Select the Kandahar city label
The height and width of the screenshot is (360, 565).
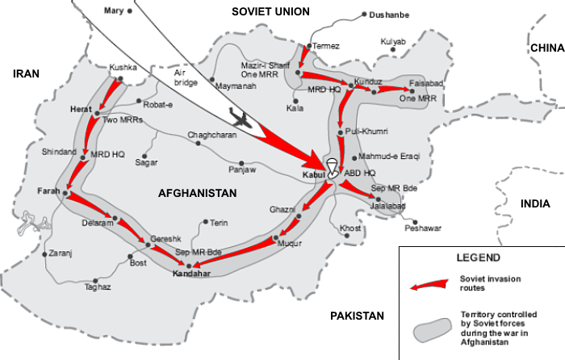[x=191, y=274]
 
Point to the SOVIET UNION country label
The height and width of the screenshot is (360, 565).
[x=270, y=10]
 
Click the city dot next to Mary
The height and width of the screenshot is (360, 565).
[x=130, y=11]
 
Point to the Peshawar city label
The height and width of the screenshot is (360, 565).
[x=424, y=228]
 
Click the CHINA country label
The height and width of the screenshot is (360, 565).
[x=546, y=48]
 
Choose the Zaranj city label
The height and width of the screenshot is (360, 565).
[x=61, y=253]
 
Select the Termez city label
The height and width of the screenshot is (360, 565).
[x=327, y=46]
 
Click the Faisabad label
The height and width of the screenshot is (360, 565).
[x=427, y=82]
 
